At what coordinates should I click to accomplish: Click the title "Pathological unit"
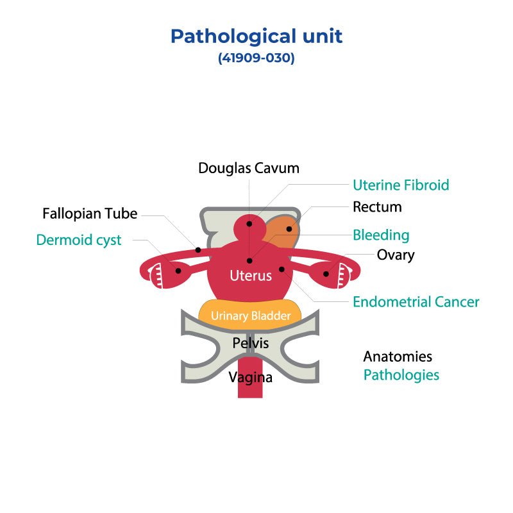(x=256, y=36)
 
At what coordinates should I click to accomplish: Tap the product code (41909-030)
(x=256, y=58)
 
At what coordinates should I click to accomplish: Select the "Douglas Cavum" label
(x=249, y=169)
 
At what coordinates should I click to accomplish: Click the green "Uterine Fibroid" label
(x=401, y=185)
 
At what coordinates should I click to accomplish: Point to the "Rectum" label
(x=377, y=207)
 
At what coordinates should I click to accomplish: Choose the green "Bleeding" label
(x=381, y=235)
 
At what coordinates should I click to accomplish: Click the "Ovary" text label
(x=396, y=255)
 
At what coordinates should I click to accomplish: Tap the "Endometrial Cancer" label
(x=416, y=301)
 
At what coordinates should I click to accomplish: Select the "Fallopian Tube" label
(x=90, y=214)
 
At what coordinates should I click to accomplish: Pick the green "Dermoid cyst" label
(x=79, y=240)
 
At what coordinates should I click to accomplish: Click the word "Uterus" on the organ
(x=251, y=276)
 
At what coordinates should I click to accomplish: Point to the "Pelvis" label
(x=250, y=343)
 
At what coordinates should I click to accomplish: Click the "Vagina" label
(x=251, y=378)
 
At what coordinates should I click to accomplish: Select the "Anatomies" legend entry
(x=398, y=357)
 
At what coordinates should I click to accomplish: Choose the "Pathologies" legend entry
(x=401, y=375)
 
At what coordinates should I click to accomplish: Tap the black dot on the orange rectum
(x=289, y=229)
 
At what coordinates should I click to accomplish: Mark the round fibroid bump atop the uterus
(x=248, y=230)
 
